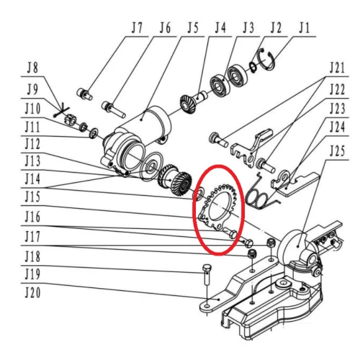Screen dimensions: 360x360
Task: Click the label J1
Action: pyautogui.click(x=303, y=28)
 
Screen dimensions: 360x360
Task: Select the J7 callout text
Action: pyautogui.click(x=137, y=28)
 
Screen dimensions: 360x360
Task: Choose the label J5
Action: pyautogui.click(x=192, y=28)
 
